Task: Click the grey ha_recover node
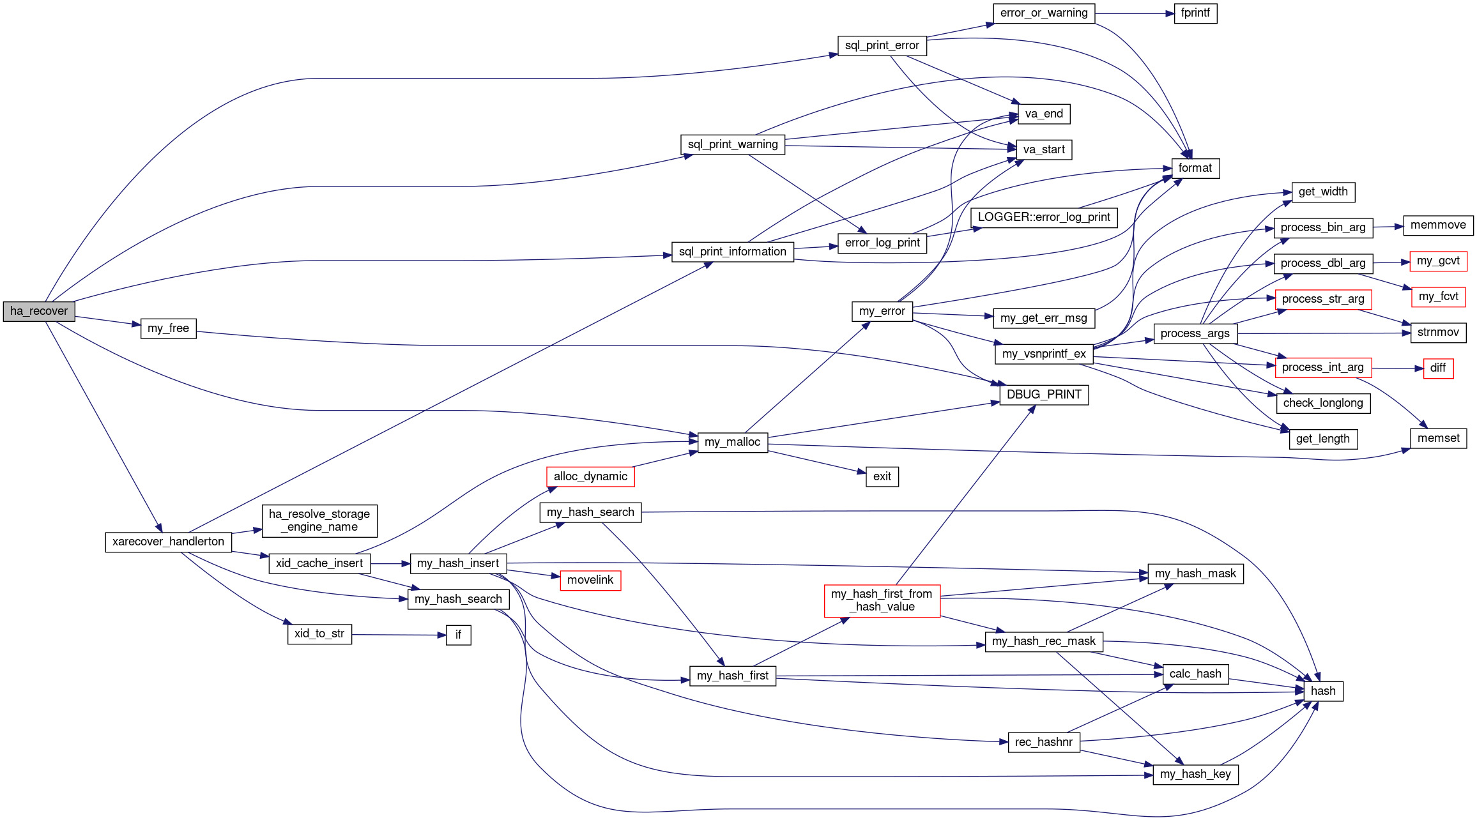(x=39, y=311)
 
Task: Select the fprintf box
(x=1195, y=13)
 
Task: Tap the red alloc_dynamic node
(x=590, y=476)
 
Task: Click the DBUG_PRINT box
(x=1044, y=395)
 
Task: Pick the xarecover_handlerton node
(x=168, y=542)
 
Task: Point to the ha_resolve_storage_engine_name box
(x=319, y=520)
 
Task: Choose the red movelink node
(x=590, y=580)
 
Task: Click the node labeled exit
(x=882, y=476)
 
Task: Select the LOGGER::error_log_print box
(x=1044, y=217)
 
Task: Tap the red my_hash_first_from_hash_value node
(x=882, y=600)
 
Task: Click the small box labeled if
(x=458, y=635)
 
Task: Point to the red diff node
(x=1438, y=368)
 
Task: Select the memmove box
(x=1438, y=225)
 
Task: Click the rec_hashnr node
(x=1044, y=742)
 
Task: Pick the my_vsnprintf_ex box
(x=1044, y=354)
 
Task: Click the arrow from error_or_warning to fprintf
(x=1134, y=13)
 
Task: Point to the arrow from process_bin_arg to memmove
(x=1388, y=227)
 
